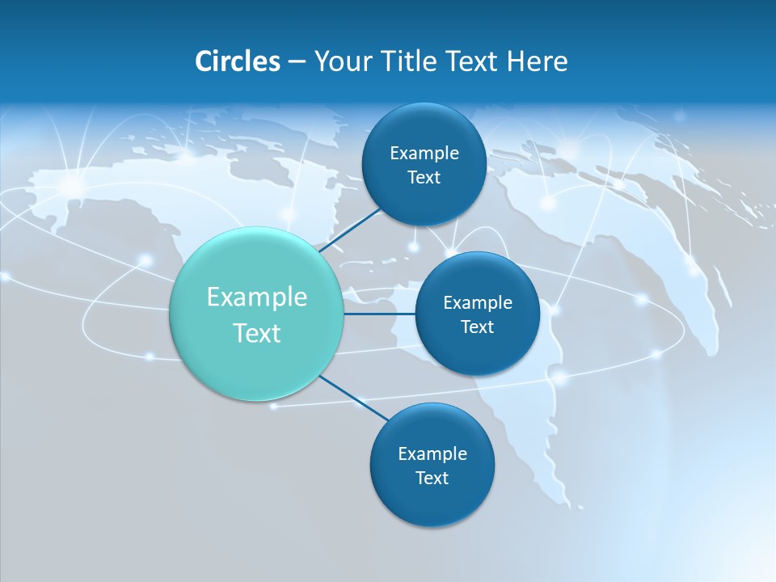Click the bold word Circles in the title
coord(237,61)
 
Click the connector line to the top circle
coord(352,229)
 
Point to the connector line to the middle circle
coord(379,314)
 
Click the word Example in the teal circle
coord(257,297)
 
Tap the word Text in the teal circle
coord(257,333)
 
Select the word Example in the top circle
coord(424,154)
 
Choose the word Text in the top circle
coord(424,178)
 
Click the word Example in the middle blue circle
coord(478,303)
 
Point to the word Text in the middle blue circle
coord(478,327)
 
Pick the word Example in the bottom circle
coord(432,454)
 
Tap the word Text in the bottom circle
coord(432,479)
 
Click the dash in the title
coord(297,62)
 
